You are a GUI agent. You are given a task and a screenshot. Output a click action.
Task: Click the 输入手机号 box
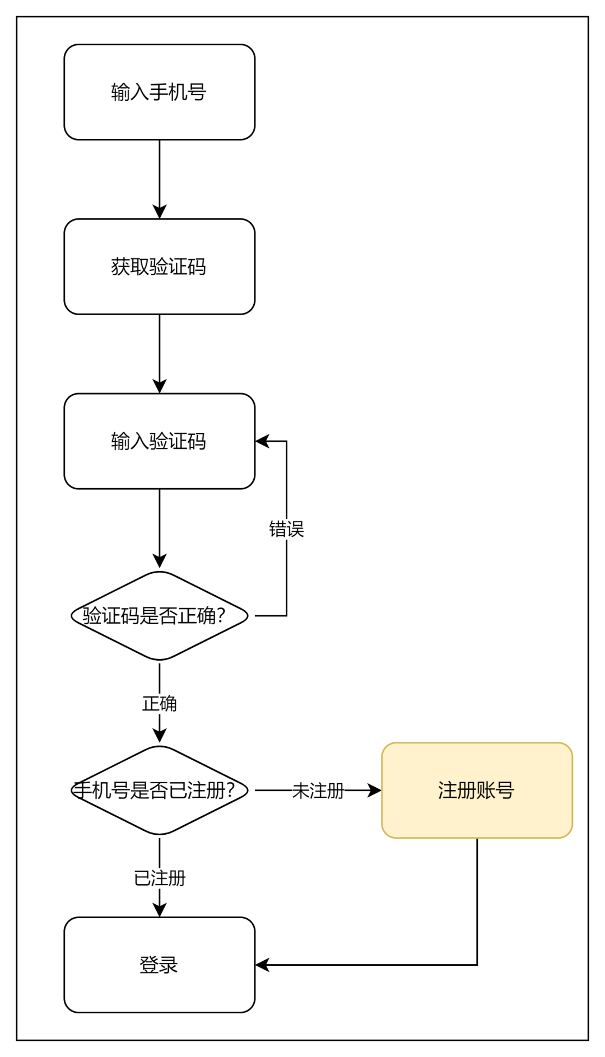pos(160,92)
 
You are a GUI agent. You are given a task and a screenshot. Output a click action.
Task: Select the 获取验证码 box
pos(160,266)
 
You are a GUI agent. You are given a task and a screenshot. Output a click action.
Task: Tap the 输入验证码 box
pos(160,441)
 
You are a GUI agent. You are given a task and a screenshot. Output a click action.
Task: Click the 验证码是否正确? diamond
pos(160,616)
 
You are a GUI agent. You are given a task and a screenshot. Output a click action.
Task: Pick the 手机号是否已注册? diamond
pos(160,791)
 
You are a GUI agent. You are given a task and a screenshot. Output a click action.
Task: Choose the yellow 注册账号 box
pos(477,791)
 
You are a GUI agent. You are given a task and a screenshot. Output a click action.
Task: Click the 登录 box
pos(160,965)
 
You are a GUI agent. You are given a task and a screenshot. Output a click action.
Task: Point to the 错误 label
pos(286,529)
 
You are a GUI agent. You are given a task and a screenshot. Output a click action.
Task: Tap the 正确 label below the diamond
pos(160,704)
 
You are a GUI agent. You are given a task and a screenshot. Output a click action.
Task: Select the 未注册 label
pos(318,791)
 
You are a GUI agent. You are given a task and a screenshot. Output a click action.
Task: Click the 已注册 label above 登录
pos(160,878)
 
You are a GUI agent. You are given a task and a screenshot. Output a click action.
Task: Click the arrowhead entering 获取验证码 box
pos(160,212)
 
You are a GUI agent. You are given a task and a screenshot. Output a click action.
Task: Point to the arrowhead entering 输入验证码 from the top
pos(160,386)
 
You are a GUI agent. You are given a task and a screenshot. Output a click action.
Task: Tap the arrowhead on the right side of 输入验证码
pos(262,441)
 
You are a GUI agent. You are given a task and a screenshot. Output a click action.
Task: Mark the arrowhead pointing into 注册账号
pos(374,791)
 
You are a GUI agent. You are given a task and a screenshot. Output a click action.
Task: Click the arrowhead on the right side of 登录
pos(262,965)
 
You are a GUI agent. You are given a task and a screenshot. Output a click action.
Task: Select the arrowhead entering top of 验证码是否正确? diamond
pos(160,561)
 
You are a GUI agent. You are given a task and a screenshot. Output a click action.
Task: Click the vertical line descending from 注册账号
pos(477,901)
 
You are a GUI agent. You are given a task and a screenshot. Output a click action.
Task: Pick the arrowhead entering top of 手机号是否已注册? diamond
pos(160,736)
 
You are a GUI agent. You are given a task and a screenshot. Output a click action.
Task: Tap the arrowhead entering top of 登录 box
pos(160,910)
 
